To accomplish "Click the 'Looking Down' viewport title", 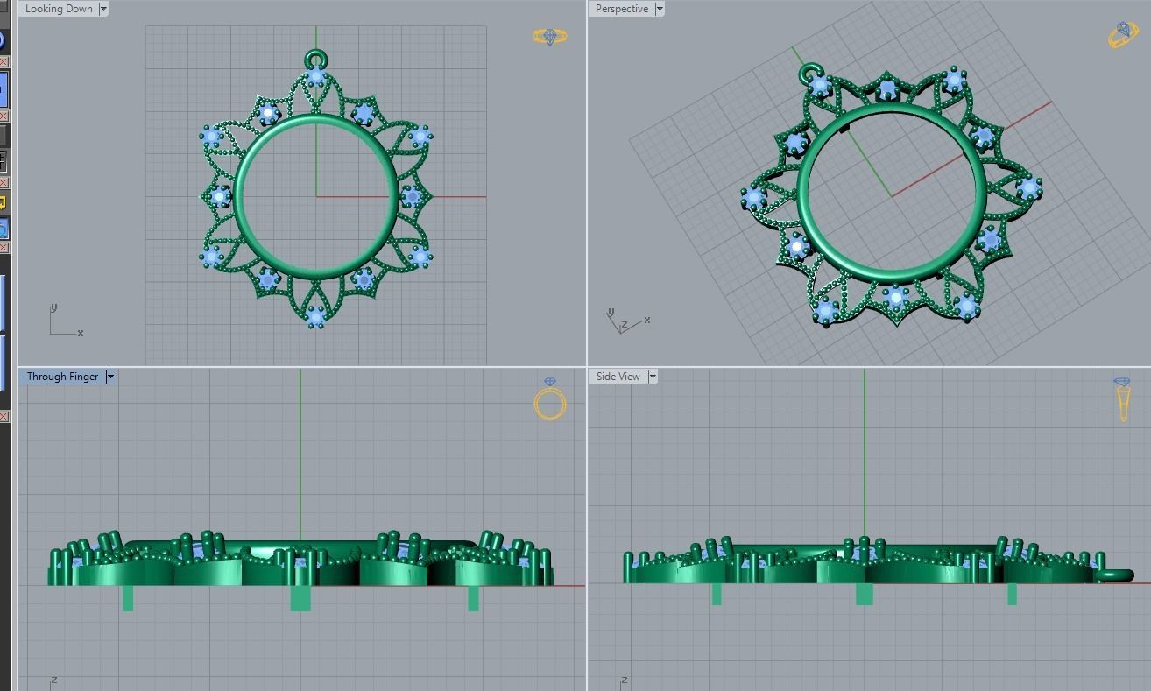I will pyautogui.click(x=59, y=9).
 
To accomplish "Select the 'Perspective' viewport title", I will pyautogui.click(x=621, y=9).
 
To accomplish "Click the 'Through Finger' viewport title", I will pyautogui.click(x=61, y=377).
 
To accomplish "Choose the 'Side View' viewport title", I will pyautogui.click(x=618, y=377).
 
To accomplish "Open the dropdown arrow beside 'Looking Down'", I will pyautogui.click(x=103, y=9).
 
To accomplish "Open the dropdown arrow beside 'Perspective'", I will pyautogui.click(x=660, y=9).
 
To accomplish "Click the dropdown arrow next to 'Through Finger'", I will pyautogui.click(x=110, y=377).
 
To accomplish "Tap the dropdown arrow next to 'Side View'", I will pyautogui.click(x=653, y=377).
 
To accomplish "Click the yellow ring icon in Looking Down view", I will pyautogui.click(x=550, y=37).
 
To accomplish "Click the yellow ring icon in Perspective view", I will pyautogui.click(x=1122, y=35).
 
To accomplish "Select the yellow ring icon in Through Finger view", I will pyautogui.click(x=550, y=401).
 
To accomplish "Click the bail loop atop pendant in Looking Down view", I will pyautogui.click(x=315, y=60).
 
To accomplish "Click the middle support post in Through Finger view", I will pyautogui.click(x=300, y=597).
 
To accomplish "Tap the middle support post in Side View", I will pyautogui.click(x=864, y=594).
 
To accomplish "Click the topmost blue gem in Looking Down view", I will pyautogui.click(x=316, y=79).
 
